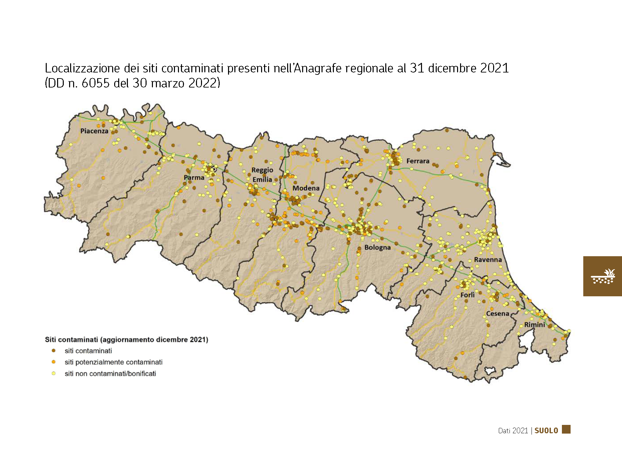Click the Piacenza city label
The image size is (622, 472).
pos(94,131)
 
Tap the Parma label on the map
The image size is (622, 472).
pos(194,177)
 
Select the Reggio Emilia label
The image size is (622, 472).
pos(262,175)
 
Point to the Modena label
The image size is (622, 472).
pos(306,188)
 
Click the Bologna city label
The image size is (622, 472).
pos(377,247)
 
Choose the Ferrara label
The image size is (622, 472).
pos(418,161)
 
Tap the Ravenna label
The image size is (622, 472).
pos(487,260)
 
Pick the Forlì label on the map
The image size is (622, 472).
pos(467,295)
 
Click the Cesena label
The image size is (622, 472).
pos(497,314)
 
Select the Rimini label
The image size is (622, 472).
pos(534,324)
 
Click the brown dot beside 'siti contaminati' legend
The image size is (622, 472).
pos(53,351)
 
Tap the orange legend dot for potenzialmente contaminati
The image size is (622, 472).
pos(53,362)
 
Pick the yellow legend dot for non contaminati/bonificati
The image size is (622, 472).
pos(53,373)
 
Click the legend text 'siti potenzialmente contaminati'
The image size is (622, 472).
pos(114,362)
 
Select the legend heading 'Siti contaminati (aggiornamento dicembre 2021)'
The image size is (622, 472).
pos(127,339)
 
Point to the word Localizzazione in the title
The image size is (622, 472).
pos(82,68)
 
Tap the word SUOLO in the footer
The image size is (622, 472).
pos(546,431)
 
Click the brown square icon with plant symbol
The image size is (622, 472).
pos(602,276)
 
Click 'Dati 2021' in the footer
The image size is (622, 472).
pos(513,431)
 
